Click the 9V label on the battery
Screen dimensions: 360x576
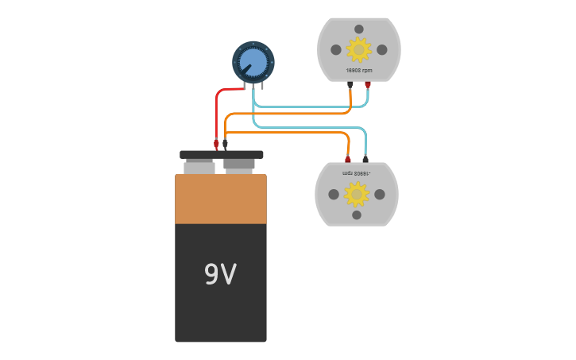220,274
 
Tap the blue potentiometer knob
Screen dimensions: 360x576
253,62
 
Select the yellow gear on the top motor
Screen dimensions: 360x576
359,49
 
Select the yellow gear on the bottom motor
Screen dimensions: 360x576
357,194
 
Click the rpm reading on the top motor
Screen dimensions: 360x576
359,70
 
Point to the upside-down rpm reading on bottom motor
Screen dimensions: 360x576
357,173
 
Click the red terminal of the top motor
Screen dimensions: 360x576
368,84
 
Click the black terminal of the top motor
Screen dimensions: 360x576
350,84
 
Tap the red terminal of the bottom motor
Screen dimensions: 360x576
347,159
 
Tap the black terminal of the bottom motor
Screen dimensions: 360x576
365,159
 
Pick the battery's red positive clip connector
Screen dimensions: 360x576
216,144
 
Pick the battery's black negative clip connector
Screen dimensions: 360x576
225,144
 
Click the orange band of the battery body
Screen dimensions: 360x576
220,199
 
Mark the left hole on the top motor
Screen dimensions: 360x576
336,49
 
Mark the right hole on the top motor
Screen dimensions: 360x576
382,49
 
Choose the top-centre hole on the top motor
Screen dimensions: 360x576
359,29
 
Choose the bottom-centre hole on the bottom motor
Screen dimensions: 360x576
357,215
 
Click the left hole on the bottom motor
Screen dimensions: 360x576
334,194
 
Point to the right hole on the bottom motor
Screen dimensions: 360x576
380,194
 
